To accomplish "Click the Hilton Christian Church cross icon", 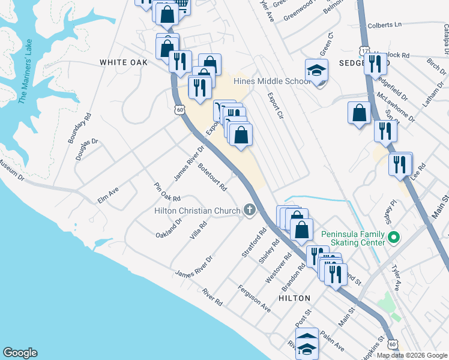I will click(x=249, y=210).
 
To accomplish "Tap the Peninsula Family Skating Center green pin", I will click(x=394, y=238).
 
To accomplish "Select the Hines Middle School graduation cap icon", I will click(x=316, y=71).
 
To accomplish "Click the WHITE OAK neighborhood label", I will click(x=123, y=62).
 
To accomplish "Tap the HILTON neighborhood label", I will click(x=294, y=298).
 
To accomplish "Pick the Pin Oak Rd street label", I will click(x=167, y=192).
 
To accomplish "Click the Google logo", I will click(x=20, y=353).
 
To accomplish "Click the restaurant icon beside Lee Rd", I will click(x=400, y=164).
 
